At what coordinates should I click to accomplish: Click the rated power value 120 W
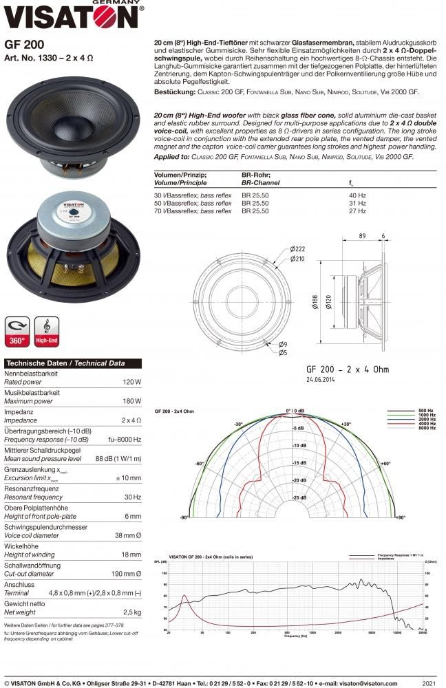click(132, 382)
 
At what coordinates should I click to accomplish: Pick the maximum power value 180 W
click(132, 401)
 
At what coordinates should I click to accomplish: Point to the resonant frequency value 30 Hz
click(133, 497)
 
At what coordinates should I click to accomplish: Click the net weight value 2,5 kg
click(131, 612)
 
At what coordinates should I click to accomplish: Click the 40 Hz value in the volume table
click(358, 195)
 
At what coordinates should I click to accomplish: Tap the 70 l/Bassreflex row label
click(193, 211)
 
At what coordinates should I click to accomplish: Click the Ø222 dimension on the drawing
click(297, 250)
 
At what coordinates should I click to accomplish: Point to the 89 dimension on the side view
click(361, 236)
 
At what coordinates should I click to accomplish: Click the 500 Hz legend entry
click(425, 411)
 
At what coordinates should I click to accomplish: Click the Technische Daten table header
click(65, 363)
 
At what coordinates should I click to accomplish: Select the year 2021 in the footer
click(428, 683)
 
